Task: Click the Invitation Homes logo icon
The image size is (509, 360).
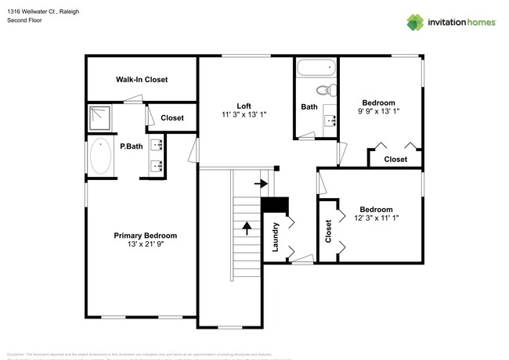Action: click(414, 21)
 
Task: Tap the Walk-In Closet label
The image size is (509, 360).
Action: click(142, 80)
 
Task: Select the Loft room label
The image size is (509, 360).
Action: click(244, 106)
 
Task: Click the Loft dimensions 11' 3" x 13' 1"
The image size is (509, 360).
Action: click(244, 115)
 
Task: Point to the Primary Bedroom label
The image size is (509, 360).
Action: click(145, 236)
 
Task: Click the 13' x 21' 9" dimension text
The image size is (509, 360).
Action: click(145, 244)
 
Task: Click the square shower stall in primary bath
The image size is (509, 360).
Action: click(100, 118)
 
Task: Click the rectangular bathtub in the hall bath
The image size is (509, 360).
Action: click(316, 67)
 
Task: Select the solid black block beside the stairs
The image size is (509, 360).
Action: click(274, 204)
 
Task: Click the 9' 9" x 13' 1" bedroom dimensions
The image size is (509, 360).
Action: click(378, 111)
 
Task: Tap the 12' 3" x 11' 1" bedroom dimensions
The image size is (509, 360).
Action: click(376, 218)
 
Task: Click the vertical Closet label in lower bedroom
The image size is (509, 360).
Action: click(327, 230)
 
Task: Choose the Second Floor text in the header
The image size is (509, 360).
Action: click(24, 20)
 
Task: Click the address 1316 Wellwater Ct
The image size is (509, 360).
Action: click(33, 12)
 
